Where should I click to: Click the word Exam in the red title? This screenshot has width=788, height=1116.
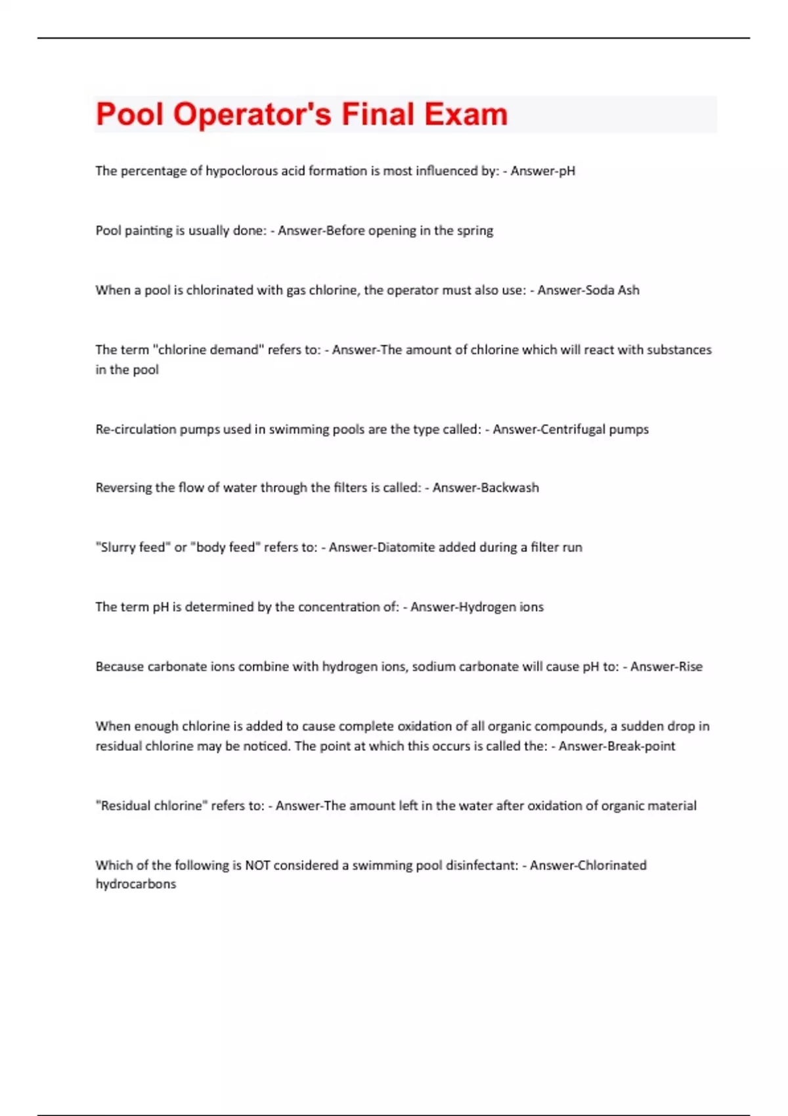[x=466, y=114]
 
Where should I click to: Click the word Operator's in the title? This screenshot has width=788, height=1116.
[x=252, y=114]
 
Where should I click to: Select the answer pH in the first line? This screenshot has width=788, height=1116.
[x=567, y=171]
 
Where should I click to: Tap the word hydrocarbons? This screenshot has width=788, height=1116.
[x=136, y=884]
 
